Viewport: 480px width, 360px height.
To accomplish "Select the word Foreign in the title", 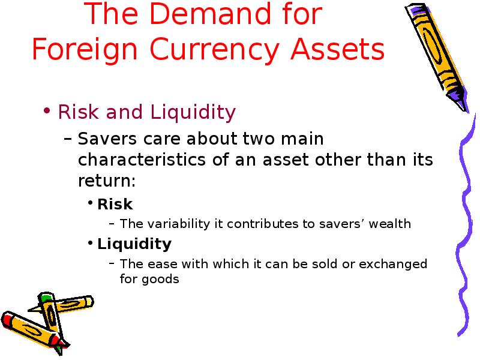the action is (85, 50).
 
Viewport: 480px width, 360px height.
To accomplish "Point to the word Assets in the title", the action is (337, 49).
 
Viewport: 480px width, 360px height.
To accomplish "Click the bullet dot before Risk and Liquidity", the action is (47, 110).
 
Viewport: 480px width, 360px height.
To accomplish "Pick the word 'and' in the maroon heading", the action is (124, 112).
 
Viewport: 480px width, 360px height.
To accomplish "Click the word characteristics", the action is (142, 160).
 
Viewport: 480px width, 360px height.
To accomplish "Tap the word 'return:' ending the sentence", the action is (107, 181).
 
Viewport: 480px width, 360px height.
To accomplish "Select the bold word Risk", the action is (115, 204).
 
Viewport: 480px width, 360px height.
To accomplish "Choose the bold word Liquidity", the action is (134, 244).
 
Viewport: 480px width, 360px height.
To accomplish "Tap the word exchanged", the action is (393, 264).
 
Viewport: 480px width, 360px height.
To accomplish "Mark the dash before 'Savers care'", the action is (68, 139).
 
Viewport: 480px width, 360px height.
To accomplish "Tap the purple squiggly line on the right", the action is (464, 225).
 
